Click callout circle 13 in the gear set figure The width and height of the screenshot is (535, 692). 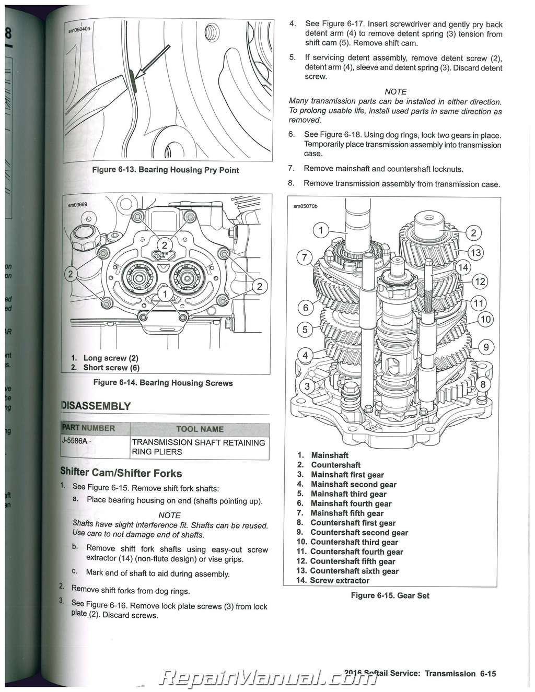475,253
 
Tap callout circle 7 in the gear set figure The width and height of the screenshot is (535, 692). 305,257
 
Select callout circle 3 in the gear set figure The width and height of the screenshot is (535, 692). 307,386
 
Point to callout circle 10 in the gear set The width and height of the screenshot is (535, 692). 485,319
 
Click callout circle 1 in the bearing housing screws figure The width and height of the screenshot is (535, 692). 165,295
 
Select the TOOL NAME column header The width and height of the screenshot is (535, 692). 200,429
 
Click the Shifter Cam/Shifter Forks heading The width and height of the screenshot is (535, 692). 121,473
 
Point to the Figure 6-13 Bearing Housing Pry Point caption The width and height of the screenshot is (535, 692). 166,170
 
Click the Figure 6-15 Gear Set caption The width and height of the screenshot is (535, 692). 390,595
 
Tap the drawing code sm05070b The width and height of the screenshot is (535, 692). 305,206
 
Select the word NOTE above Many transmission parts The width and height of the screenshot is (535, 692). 396,92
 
